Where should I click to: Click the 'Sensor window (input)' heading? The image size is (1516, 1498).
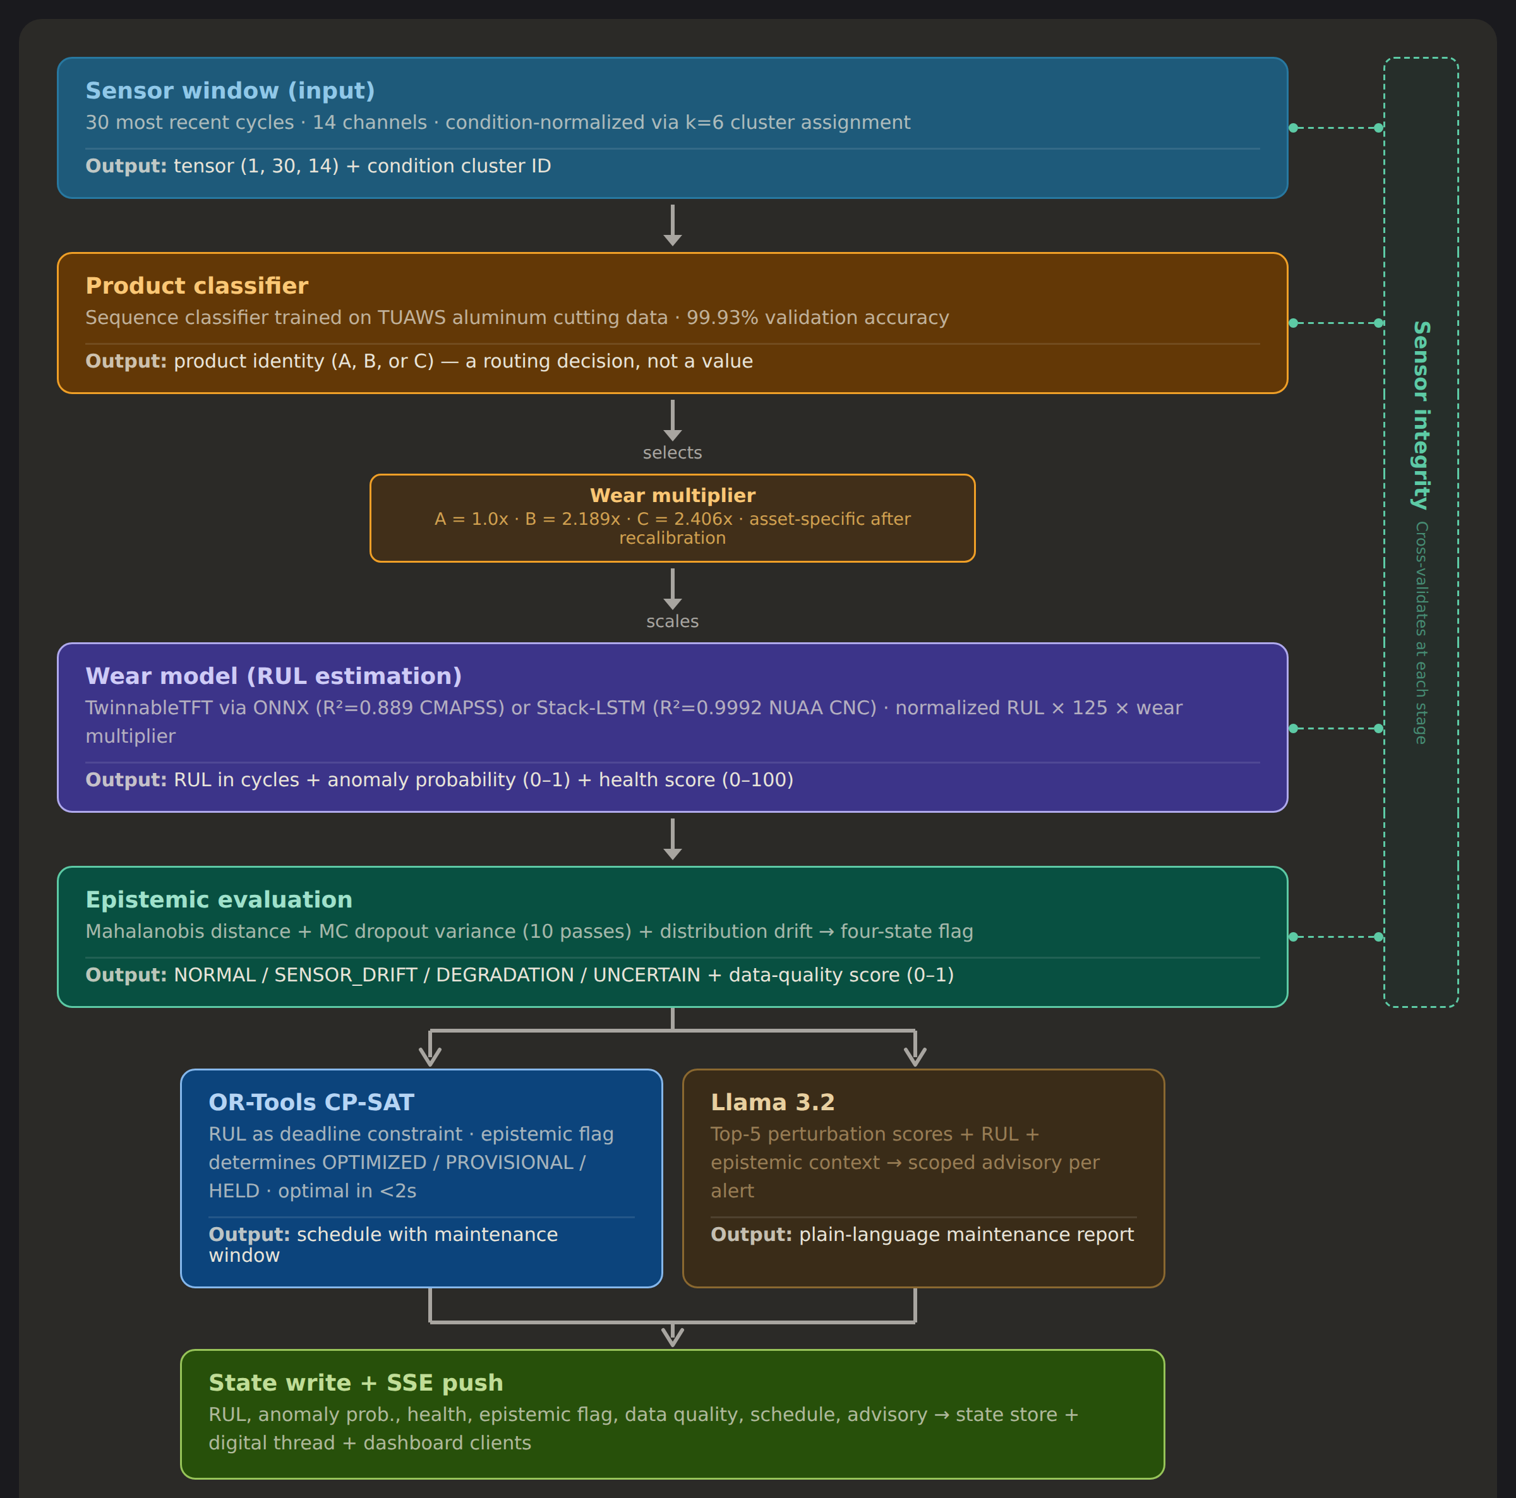[x=230, y=91]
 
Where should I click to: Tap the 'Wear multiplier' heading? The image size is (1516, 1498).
[x=673, y=495]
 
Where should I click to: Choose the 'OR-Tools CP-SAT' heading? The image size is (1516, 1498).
[x=311, y=1102]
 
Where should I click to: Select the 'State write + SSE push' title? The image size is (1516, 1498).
[x=356, y=1382]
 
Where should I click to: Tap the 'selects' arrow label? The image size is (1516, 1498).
[x=673, y=453]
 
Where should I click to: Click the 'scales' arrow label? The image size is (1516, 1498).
[x=673, y=621]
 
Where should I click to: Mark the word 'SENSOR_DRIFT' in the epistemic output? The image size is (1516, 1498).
[x=346, y=974]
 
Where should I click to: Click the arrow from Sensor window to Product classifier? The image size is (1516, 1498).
[x=673, y=225]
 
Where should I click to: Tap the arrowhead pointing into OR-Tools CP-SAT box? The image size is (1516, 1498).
[x=430, y=1055]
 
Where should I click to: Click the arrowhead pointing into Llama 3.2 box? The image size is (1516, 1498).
[x=915, y=1055]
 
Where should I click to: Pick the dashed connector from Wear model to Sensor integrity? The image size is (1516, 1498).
[x=1337, y=728]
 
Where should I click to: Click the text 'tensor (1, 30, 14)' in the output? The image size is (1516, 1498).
[x=256, y=166]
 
